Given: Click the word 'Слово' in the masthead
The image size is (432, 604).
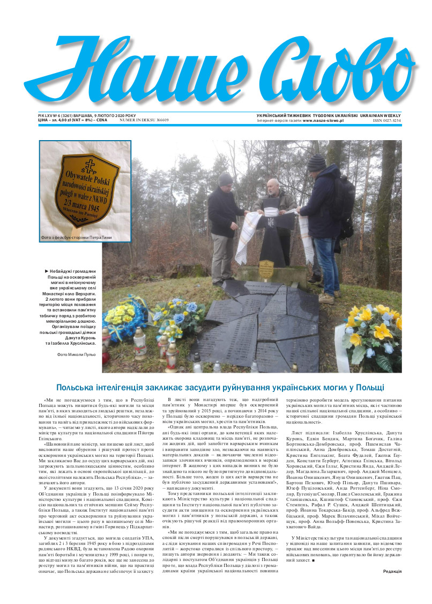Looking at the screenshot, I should point(322,70).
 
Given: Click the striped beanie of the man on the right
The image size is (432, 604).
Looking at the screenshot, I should point(317,162).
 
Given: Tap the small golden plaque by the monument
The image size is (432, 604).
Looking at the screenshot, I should point(266,266).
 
